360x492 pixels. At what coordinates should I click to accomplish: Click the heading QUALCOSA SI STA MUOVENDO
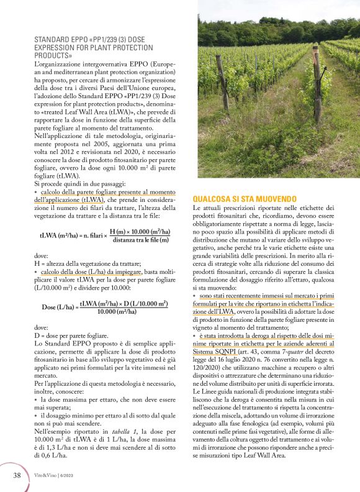pos(244,197)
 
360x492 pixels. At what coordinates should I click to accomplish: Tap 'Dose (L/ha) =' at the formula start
pos(60,307)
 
